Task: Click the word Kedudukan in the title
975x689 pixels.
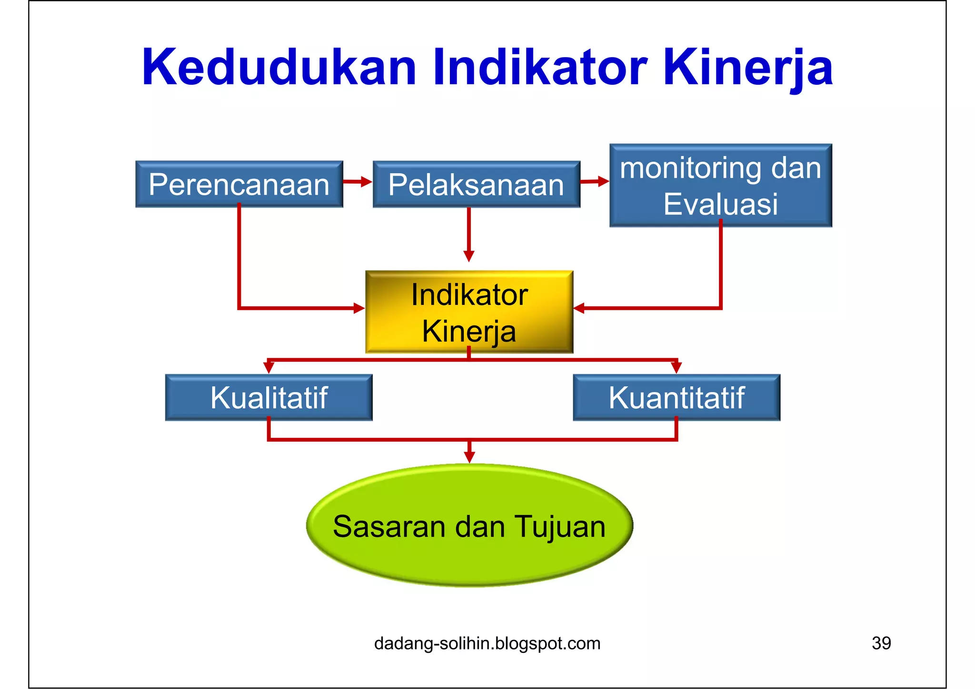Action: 279,68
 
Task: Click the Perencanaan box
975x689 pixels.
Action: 239,184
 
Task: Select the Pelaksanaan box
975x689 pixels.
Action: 476,184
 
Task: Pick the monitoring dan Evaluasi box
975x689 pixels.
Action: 720,186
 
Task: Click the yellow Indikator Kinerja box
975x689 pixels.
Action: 469,312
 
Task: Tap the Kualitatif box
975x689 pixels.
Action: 269,398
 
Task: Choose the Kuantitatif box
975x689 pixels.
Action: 676,398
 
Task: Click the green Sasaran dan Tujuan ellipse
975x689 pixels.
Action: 469,526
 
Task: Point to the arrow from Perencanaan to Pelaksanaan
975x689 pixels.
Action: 358,181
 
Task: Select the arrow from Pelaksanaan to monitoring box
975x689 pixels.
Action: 595,181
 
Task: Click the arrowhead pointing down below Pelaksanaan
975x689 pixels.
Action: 469,256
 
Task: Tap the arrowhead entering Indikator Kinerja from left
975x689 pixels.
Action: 359,308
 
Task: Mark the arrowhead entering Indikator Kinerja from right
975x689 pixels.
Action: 579,308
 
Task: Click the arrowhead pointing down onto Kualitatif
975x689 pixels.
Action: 269,368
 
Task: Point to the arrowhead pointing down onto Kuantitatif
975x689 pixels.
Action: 676,368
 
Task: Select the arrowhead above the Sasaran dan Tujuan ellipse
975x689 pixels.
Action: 469,457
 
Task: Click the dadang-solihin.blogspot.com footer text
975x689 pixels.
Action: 487,643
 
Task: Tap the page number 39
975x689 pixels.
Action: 881,643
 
